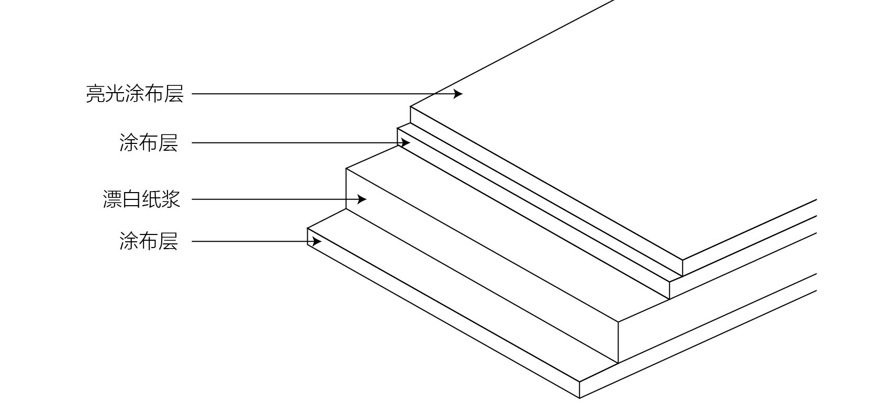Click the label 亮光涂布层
tap(135, 94)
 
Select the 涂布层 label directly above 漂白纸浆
tap(149, 143)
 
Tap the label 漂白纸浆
tap(141, 199)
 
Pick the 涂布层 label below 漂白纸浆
tap(149, 242)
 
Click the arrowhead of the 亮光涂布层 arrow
tap(458, 94)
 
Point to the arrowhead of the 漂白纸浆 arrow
tap(362, 199)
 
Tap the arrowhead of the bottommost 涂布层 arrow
tap(317, 242)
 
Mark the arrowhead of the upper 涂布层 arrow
tap(406, 143)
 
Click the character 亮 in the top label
tap(95, 94)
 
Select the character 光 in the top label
tap(115, 94)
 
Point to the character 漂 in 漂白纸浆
tap(112, 199)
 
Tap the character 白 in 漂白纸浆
tap(131, 199)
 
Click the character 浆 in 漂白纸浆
tap(171, 199)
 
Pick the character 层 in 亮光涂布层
tap(174, 94)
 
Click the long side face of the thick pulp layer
tap(482, 267)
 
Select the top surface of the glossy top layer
tap(602, 131)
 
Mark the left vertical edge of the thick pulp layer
tap(346, 189)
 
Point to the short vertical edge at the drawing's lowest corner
tap(579, 390)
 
